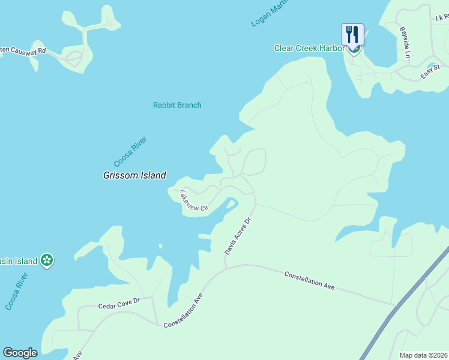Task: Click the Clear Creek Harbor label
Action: tap(309, 48)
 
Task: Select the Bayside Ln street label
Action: tap(406, 42)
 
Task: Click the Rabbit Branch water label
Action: tap(177, 105)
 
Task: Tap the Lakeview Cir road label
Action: tap(193, 200)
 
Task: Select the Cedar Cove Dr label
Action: tap(119, 305)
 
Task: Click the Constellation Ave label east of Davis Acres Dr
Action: tap(309, 281)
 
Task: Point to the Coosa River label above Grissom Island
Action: tap(130, 152)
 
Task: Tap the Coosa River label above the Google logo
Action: tap(17, 292)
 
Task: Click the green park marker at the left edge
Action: tap(47, 260)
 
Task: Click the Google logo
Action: tap(20, 353)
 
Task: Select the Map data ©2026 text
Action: tap(424, 355)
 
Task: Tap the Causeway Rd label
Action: tap(24, 52)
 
